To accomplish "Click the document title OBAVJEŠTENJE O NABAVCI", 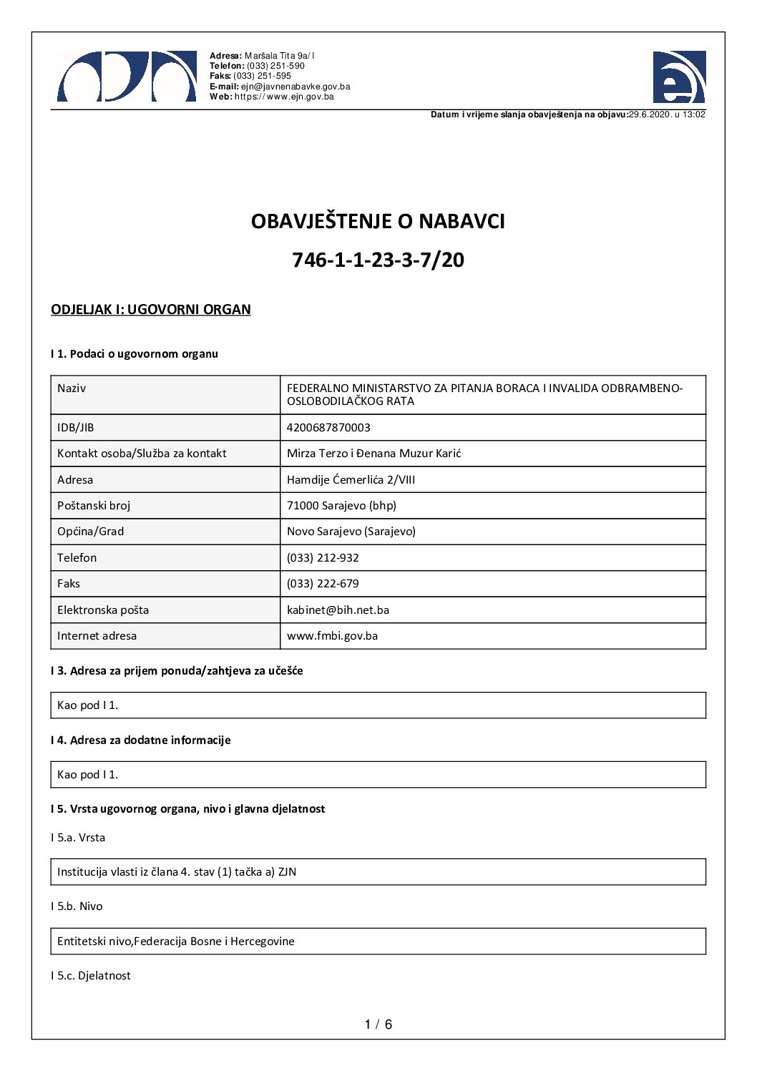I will click(x=378, y=221).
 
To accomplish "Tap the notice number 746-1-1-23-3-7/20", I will click(x=378, y=259).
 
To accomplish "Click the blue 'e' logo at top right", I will click(x=678, y=77).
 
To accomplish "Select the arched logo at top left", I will click(x=127, y=77).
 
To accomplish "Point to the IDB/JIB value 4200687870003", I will click(x=328, y=427).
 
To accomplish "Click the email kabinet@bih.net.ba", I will click(x=338, y=610).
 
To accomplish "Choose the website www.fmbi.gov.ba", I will click(x=332, y=635).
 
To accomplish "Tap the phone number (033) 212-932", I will click(x=323, y=557).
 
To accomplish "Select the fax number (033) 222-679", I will click(x=323, y=583).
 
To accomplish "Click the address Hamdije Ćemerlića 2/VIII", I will click(x=351, y=479).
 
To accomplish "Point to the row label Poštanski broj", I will click(x=94, y=505).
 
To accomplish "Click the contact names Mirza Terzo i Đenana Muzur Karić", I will click(x=373, y=453).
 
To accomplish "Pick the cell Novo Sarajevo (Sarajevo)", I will click(x=351, y=531).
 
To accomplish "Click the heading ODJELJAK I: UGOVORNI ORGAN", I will click(x=150, y=309).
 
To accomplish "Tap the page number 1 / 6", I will click(x=378, y=1024).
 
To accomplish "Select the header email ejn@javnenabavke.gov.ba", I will click(x=295, y=87).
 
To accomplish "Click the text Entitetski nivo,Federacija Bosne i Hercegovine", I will click(x=175, y=941).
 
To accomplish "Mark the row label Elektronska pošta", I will click(x=103, y=610).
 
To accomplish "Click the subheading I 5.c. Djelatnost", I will click(x=90, y=975).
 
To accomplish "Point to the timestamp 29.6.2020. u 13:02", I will click(x=667, y=114).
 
